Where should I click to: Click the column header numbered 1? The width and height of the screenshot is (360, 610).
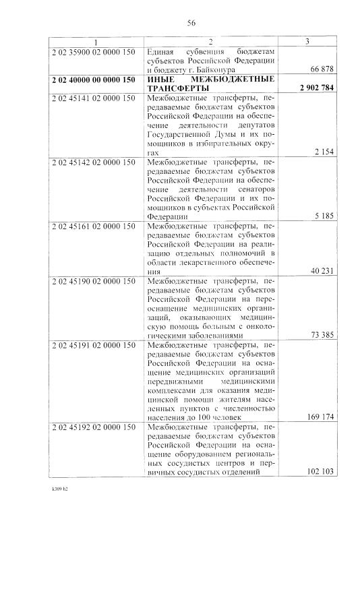point(95,42)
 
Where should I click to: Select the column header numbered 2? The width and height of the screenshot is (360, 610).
point(210,42)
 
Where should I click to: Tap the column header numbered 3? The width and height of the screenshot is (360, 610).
point(307,42)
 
